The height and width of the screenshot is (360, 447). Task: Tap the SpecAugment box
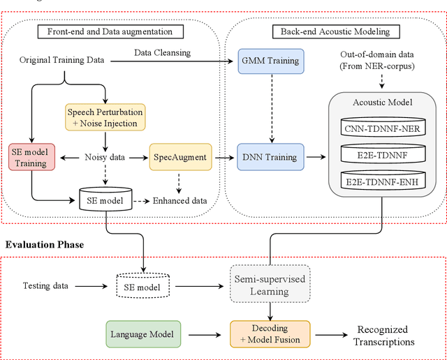[179, 158]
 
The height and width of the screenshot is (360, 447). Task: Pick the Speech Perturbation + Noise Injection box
[106, 118]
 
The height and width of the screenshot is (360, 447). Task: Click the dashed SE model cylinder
[142, 286]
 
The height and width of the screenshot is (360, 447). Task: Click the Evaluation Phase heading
[45, 244]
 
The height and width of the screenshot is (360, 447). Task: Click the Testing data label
[46, 285]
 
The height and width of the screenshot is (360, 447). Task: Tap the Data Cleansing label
[162, 53]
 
